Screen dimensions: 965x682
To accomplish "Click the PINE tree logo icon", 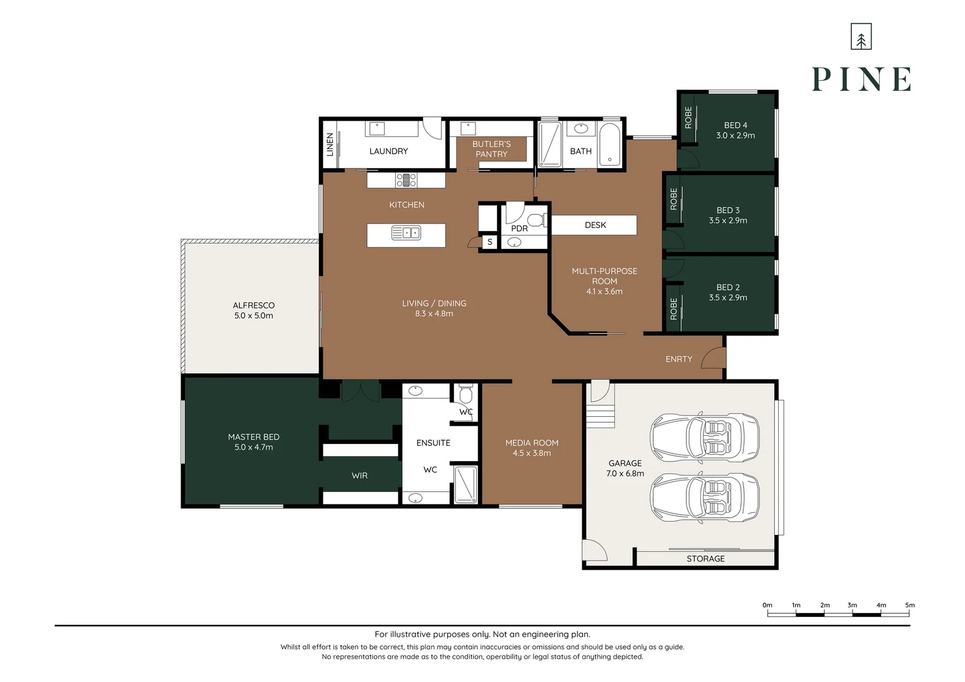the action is tap(861, 37).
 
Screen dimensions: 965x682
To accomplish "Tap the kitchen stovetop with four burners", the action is tap(406, 179).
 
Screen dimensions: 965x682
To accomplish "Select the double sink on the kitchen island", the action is tap(406, 233).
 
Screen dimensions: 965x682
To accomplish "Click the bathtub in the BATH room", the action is tap(609, 145).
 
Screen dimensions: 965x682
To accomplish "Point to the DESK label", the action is tap(595, 225).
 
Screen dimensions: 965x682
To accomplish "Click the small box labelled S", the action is tap(489, 242).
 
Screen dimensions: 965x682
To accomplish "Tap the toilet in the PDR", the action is tap(537, 220).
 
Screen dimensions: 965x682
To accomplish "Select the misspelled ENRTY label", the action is tap(678, 359).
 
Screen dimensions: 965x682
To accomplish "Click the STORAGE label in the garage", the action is tap(705, 559).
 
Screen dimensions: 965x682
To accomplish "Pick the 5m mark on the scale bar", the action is tap(910, 605).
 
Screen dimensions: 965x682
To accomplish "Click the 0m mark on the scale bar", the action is tap(767, 605).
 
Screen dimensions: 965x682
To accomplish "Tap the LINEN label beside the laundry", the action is tap(330, 145).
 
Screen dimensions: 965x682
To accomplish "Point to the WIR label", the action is tap(359, 476).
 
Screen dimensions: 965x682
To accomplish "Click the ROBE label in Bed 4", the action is tap(688, 117).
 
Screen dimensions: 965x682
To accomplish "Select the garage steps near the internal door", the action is tap(600, 416).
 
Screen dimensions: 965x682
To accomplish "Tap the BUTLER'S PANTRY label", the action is tap(491, 149).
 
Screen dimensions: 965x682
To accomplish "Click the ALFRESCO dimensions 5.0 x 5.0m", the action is tap(253, 315).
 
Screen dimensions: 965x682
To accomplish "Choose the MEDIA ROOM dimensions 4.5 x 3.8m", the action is tap(532, 453).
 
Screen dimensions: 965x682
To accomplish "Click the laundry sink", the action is tap(377, 128).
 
